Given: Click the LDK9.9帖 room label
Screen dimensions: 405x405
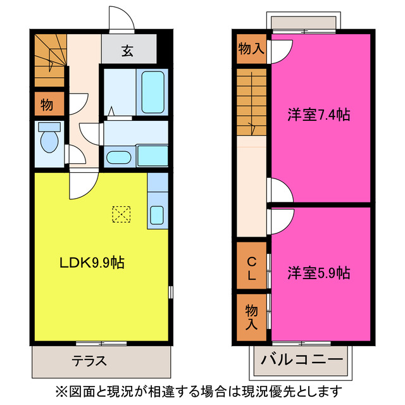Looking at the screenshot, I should pos(92,263).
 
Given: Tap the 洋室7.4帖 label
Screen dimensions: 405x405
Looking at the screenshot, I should pos(318,115).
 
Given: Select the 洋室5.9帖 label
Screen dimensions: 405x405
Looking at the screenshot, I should pos(318,273).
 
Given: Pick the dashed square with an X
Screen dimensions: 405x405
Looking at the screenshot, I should pos(120,215).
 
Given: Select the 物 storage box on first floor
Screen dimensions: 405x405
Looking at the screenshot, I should pos(48,104).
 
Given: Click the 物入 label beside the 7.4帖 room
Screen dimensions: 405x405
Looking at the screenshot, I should pos(251,48).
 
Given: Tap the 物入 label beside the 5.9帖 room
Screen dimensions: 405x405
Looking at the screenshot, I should pos(252,317).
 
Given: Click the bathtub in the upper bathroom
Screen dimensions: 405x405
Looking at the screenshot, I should pos(153,93).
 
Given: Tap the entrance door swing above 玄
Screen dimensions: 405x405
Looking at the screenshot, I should pos(121,19).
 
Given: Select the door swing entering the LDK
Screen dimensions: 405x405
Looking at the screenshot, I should pos(83,184).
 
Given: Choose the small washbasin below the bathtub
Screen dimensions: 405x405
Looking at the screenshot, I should pos(118,157).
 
